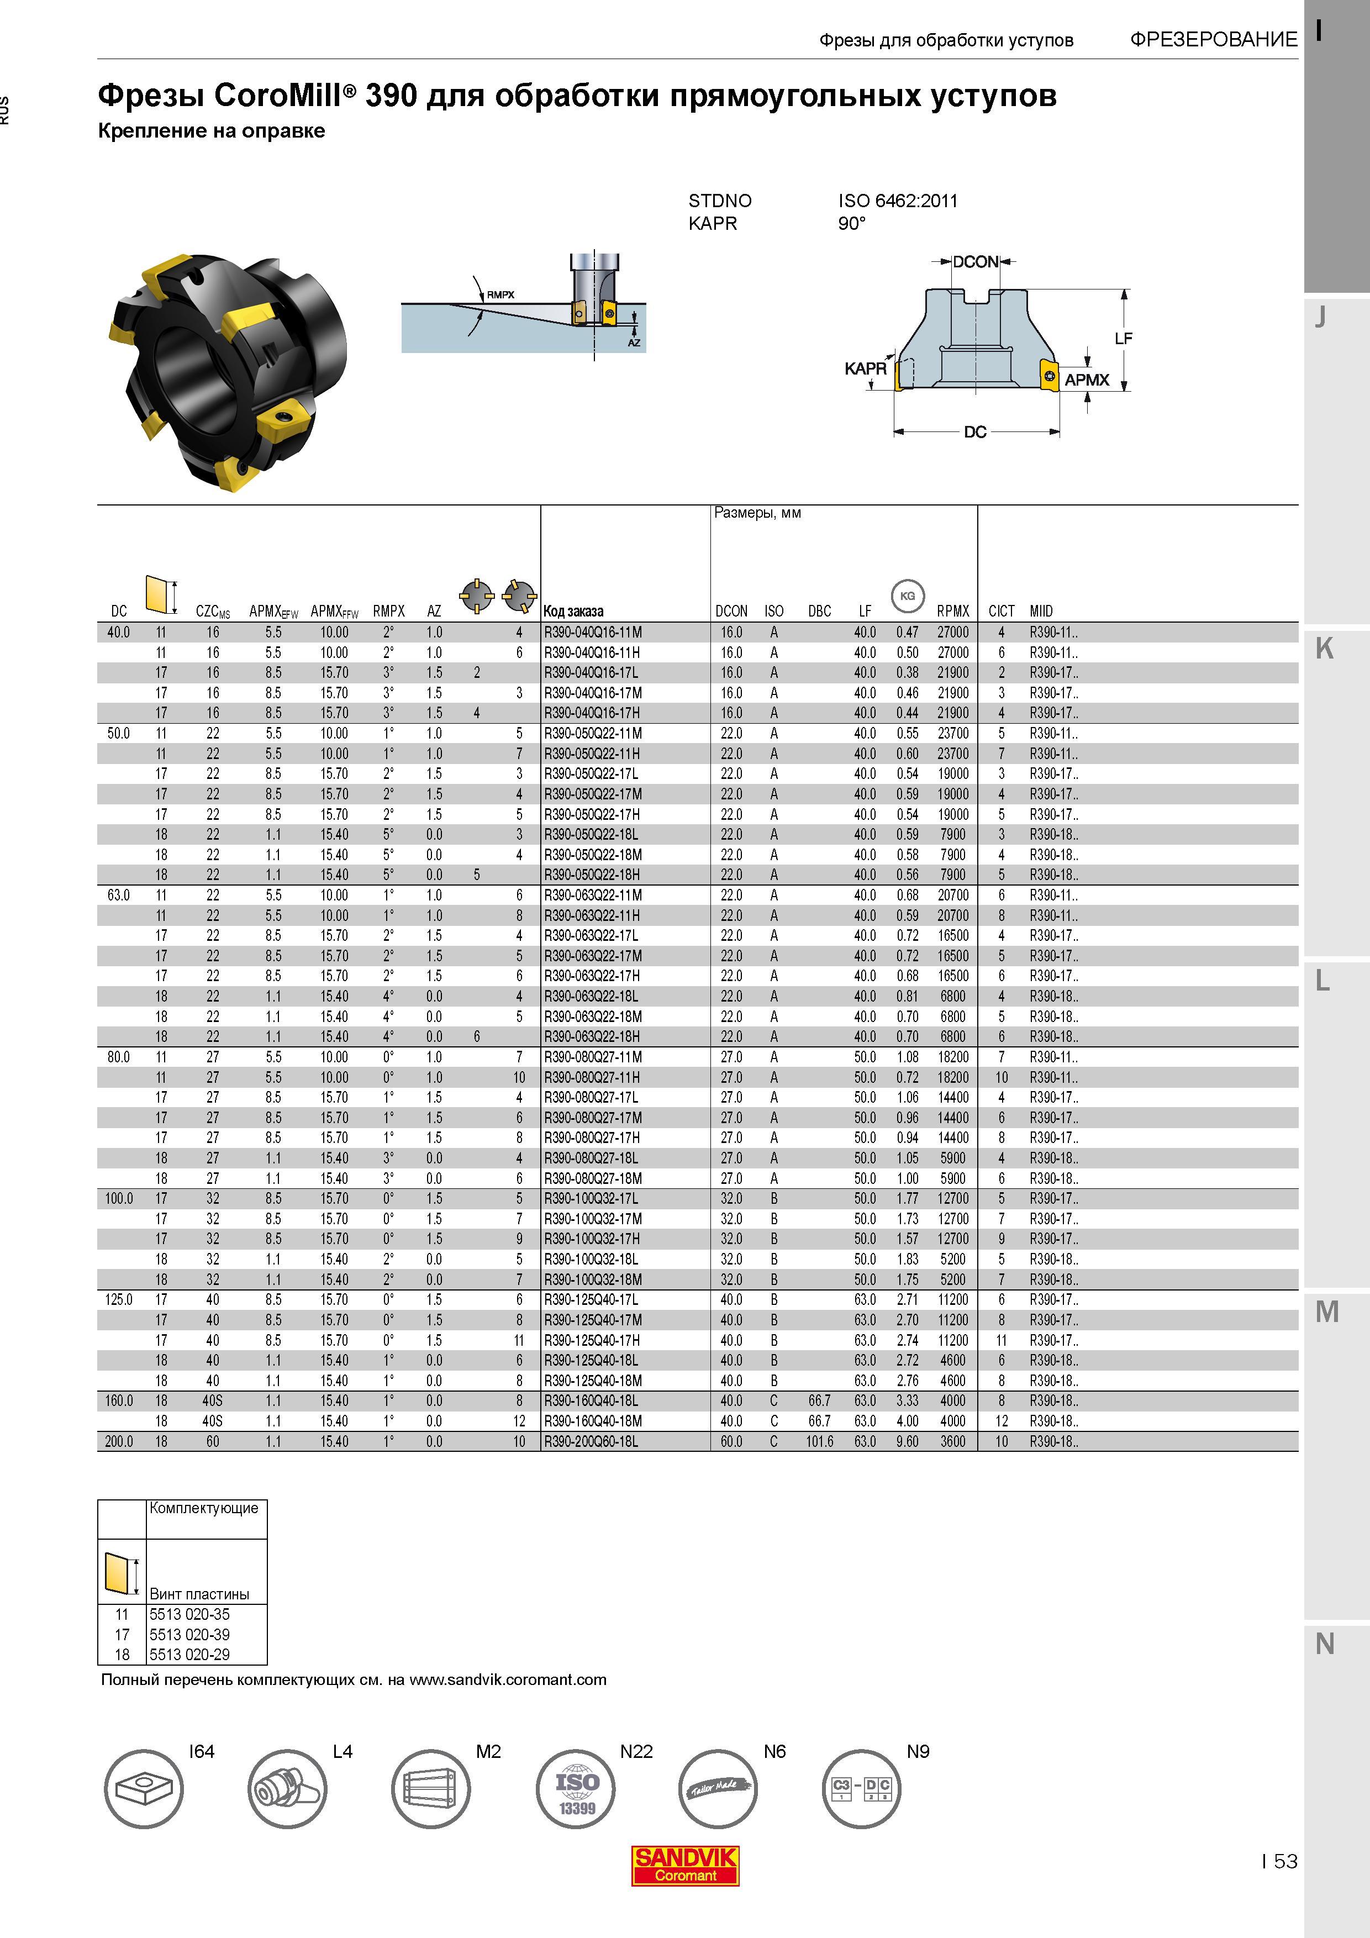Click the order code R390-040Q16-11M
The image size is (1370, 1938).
coord(593,632)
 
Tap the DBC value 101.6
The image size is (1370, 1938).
coord(820,1442)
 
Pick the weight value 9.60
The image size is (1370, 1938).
coord(908,1442)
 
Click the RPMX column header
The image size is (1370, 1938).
coord(953,611)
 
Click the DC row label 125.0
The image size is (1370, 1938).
coord(119,1300)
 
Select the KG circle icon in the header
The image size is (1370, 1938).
coord(908,596)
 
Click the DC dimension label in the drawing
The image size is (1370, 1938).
coord(975,432)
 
